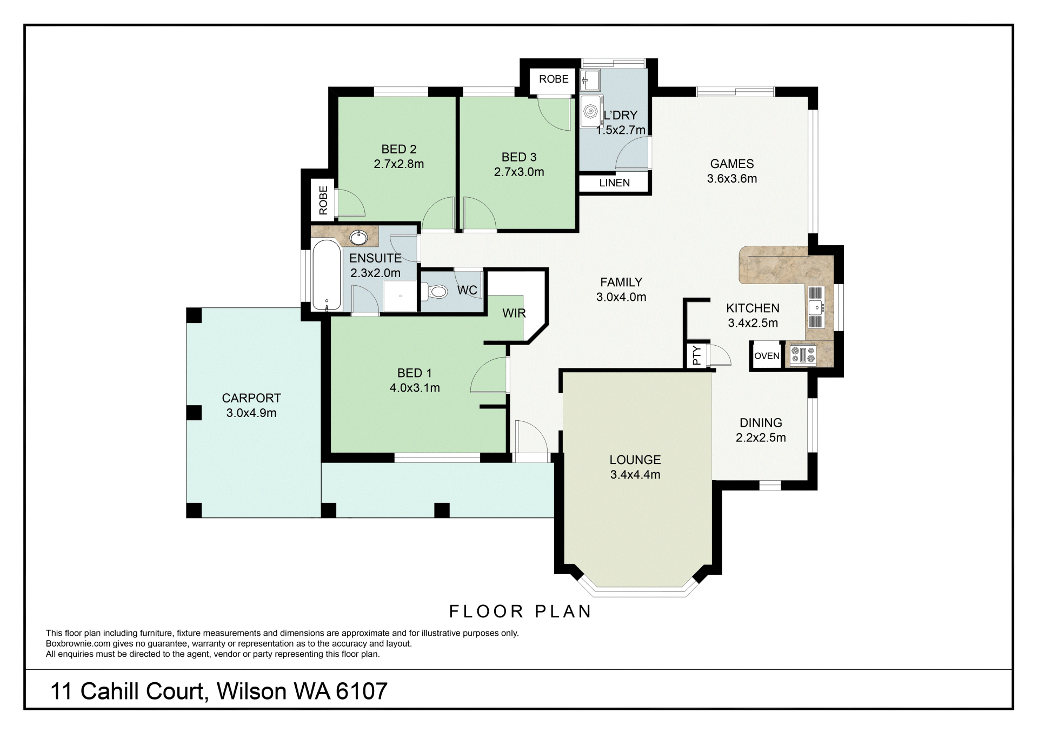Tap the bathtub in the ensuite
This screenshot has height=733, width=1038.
327,275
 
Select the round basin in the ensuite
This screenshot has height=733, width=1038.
358,237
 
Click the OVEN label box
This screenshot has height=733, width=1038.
767,356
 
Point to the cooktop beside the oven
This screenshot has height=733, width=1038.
803,355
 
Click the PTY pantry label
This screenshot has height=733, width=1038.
697,355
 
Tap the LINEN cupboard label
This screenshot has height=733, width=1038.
614,183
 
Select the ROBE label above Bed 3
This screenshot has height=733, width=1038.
554,79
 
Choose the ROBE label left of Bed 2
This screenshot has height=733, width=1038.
323,200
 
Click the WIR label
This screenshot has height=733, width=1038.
514,313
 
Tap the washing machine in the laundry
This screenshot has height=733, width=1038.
591,112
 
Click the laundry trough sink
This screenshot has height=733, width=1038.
589,80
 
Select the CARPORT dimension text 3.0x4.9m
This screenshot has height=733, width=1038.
251,413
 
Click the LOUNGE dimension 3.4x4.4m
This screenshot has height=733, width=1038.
635,475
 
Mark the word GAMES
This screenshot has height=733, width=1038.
732,164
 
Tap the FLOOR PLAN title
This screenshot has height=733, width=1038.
521,611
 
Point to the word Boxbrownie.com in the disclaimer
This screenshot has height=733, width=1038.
78,644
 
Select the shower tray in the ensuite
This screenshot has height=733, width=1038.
400,296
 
